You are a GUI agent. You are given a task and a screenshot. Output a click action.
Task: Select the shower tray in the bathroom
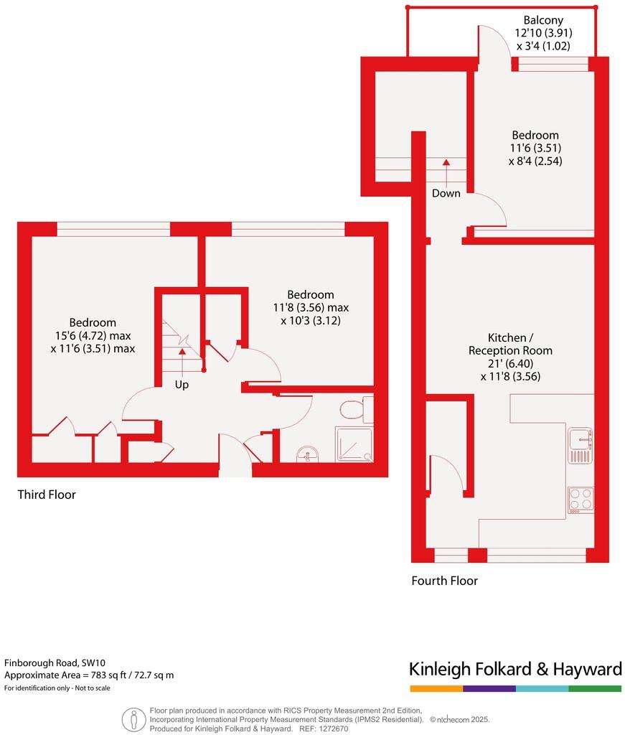(354, 444)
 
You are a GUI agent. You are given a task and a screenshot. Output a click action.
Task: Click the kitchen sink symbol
(579, 446)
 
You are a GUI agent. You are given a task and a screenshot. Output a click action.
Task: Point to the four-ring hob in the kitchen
(580, 499)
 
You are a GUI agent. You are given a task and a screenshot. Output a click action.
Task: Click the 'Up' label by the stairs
(183, 385)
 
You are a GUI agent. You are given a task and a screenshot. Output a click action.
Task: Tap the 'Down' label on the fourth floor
(446, 193)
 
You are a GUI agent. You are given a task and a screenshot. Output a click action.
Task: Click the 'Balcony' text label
(543, 20)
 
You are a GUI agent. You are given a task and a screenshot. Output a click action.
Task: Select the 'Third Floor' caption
(47, 495)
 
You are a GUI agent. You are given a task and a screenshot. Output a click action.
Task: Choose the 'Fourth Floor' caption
(444, 581)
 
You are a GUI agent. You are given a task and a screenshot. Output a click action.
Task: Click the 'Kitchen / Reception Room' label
(510, 344)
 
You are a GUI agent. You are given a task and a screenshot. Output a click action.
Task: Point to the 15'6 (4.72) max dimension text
(92, 335)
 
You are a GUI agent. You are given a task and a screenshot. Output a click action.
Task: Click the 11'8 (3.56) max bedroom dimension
(310, 307)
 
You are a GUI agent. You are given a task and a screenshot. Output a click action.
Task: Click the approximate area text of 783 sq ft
(89, 675)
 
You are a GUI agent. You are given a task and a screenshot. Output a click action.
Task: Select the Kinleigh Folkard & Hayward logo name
(515, 669)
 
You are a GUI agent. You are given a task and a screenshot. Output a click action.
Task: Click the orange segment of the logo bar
(436, 688)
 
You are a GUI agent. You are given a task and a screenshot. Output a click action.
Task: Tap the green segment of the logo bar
(595, 688)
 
